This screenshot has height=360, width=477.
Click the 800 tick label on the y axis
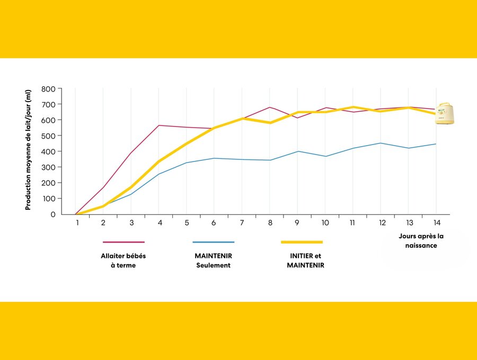[x=49, y=89]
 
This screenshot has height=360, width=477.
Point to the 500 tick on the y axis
[x=49, y=136]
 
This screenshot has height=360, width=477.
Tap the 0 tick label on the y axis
[x=53, y=214]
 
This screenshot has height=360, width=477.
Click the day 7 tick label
[x=242, y=223]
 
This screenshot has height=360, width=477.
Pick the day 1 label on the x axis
[x=77, y=223]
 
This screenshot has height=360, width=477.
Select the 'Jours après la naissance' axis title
[x=422, y=241]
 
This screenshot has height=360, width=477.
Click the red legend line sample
[x=123, y=242]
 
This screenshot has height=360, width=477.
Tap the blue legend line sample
[x=213, y=242]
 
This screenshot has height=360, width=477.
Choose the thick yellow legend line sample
[x=302, y=242]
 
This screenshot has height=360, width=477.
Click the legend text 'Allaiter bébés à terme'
[x=123, y=260]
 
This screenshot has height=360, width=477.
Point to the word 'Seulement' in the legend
[x=213, y=265]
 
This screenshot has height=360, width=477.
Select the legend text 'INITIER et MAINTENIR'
[x=305, y=260]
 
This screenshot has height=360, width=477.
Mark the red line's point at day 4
[x=159, y=125]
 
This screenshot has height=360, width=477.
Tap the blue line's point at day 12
[x=380, y=143]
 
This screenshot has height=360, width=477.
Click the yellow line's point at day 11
[x=352, y=107]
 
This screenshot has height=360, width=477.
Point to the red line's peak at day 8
[x=270, y=107]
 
